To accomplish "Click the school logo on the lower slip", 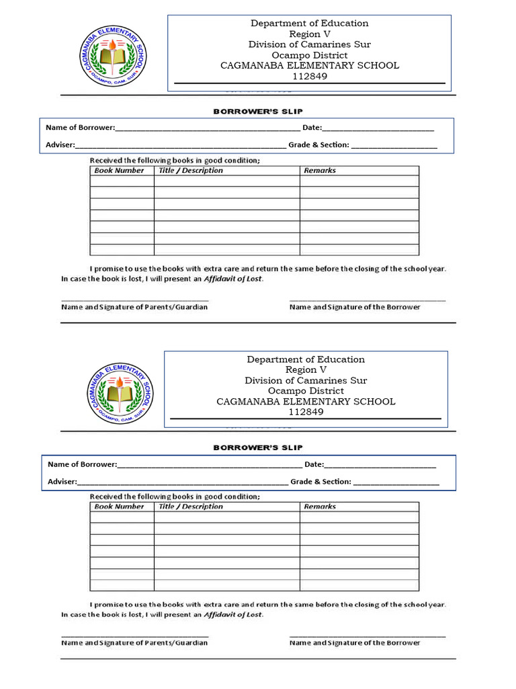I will click(118, 394).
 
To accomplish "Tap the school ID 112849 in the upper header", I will click(310, 76).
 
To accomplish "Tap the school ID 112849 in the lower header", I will click(306, 412).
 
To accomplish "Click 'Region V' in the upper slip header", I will click(310, 34).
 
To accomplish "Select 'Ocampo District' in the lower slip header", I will click(306, 391).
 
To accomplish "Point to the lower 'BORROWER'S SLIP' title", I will click(258, 447).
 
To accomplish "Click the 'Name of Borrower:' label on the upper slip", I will click(80, 127).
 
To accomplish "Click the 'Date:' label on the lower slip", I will click(314, 464).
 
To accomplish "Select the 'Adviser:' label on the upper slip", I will click(60, 145).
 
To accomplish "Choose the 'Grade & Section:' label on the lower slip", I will click(320, 482).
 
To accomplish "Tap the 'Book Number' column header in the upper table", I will click(119, 171).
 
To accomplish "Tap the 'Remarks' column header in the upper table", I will click(320, 171).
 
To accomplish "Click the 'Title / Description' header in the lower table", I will click(191, 507).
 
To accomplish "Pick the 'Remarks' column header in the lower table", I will click(320, 507).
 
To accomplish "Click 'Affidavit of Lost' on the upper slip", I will click(233, 278).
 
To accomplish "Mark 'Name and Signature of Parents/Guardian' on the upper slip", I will click(134, 307).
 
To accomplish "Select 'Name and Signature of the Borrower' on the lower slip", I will click(355, 643).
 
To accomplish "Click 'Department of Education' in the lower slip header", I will click(306, 359).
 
